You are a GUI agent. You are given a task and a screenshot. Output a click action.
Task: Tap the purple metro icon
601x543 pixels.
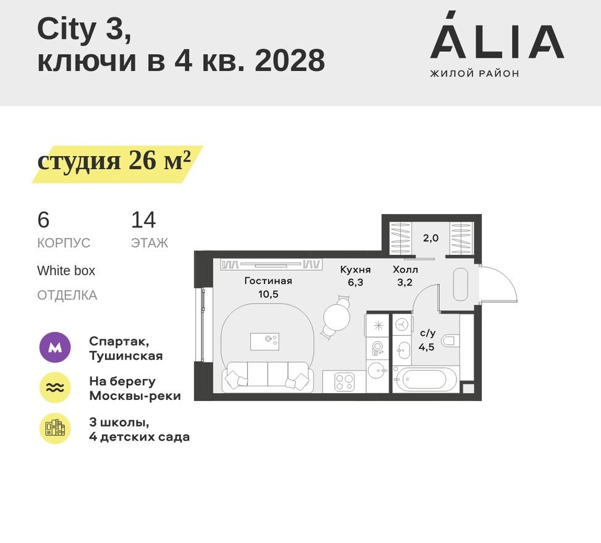click(55, 348)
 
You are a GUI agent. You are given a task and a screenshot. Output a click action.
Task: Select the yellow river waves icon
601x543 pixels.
click(55, 388)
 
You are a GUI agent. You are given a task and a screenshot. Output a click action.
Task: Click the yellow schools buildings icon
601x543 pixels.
click(55, 428)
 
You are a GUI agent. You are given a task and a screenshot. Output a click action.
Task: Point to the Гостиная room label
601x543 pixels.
click(267, 281)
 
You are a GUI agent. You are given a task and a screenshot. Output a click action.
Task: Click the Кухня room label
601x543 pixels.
click(355, 270)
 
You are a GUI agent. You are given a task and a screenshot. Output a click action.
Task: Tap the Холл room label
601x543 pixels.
click(405, 270)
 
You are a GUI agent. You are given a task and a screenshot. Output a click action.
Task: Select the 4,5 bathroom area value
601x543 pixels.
click(426, 347)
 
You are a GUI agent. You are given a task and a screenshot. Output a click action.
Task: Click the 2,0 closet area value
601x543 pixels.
click(431, 238)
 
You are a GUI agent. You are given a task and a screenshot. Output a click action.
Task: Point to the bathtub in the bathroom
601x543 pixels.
click(425, 379)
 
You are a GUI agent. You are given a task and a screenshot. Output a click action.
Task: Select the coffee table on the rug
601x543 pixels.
click(264, 341)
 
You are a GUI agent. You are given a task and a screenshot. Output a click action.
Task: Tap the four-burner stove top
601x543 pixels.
click(344, 382)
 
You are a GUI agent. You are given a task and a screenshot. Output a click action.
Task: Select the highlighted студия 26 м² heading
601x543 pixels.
click(114, 162)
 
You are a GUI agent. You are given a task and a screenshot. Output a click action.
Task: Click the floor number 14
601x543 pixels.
click(143, 220)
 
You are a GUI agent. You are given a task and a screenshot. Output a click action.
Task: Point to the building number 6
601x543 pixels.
click(43, 220)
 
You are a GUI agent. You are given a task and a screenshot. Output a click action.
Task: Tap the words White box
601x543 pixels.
click(66, 271)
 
